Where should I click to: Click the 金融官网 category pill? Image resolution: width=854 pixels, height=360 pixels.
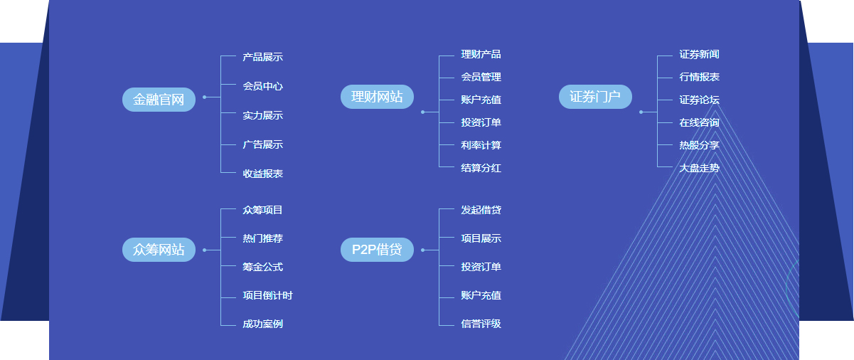(x=159, y=100)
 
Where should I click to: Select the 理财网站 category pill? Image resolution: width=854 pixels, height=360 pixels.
(x=377, y=97)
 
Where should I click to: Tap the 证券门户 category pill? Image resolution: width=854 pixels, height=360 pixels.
(x=595, y=97)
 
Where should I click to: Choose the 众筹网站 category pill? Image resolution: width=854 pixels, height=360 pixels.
(x=159, y=250)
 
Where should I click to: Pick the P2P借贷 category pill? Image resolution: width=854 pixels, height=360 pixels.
(x=377, y=250)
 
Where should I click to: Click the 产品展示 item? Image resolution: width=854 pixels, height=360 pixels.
(x=262, y=57)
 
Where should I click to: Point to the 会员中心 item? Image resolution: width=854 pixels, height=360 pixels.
(x=262, y=86)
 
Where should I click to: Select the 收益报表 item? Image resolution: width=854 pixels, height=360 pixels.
(x=262, y=174)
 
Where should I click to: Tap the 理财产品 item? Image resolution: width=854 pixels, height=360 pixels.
(x=481, y=54)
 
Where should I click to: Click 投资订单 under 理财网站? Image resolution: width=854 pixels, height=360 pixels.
(x=481, y=122)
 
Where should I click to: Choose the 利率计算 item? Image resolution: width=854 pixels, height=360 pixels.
(x=481, y=145)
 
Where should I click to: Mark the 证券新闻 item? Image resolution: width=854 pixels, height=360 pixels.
(x=699, y=54)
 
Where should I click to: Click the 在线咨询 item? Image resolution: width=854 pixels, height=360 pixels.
(x=699, y=122)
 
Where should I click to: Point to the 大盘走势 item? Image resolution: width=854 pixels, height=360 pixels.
(x=699, y=168)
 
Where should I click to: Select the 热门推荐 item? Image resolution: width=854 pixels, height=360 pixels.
(x=262, y=238)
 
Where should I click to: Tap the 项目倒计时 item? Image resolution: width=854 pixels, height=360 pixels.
(x=267, y=295)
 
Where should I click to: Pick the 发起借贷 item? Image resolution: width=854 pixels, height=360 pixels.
(x=481, y=210)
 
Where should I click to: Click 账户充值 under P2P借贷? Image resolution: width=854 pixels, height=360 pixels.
(x=481, y=295)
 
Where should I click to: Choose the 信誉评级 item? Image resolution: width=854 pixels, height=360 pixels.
(x=481, y=324)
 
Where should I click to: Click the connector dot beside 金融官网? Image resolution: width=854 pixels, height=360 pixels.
(x=204, y=97)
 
